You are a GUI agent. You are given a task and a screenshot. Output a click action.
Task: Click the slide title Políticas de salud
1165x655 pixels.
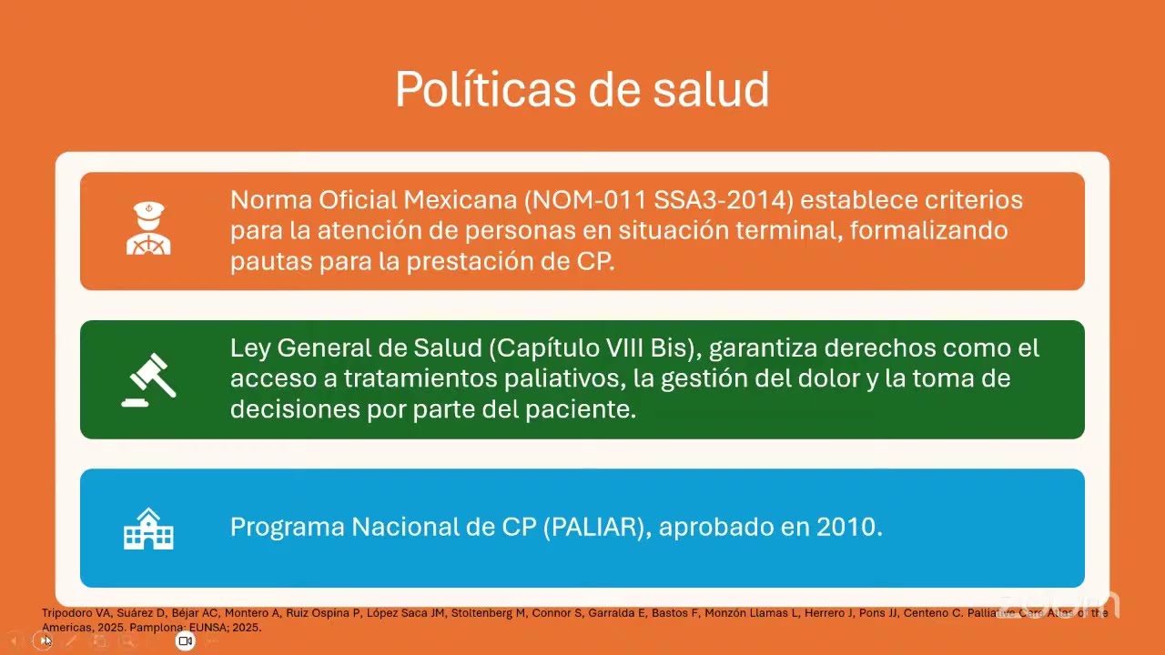tap(582, 89)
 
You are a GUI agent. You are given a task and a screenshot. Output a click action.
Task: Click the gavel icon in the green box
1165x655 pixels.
tap(148, 378)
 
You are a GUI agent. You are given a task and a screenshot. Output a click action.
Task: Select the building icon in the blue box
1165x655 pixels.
tap(148, 529)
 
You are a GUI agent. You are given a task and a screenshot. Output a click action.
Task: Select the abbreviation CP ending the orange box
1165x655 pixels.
tap(593, 261)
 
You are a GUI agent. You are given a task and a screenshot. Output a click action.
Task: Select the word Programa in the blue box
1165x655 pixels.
tap(287, 528)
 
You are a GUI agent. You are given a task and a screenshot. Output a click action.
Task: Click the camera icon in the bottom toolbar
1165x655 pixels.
tap(185, 641)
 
